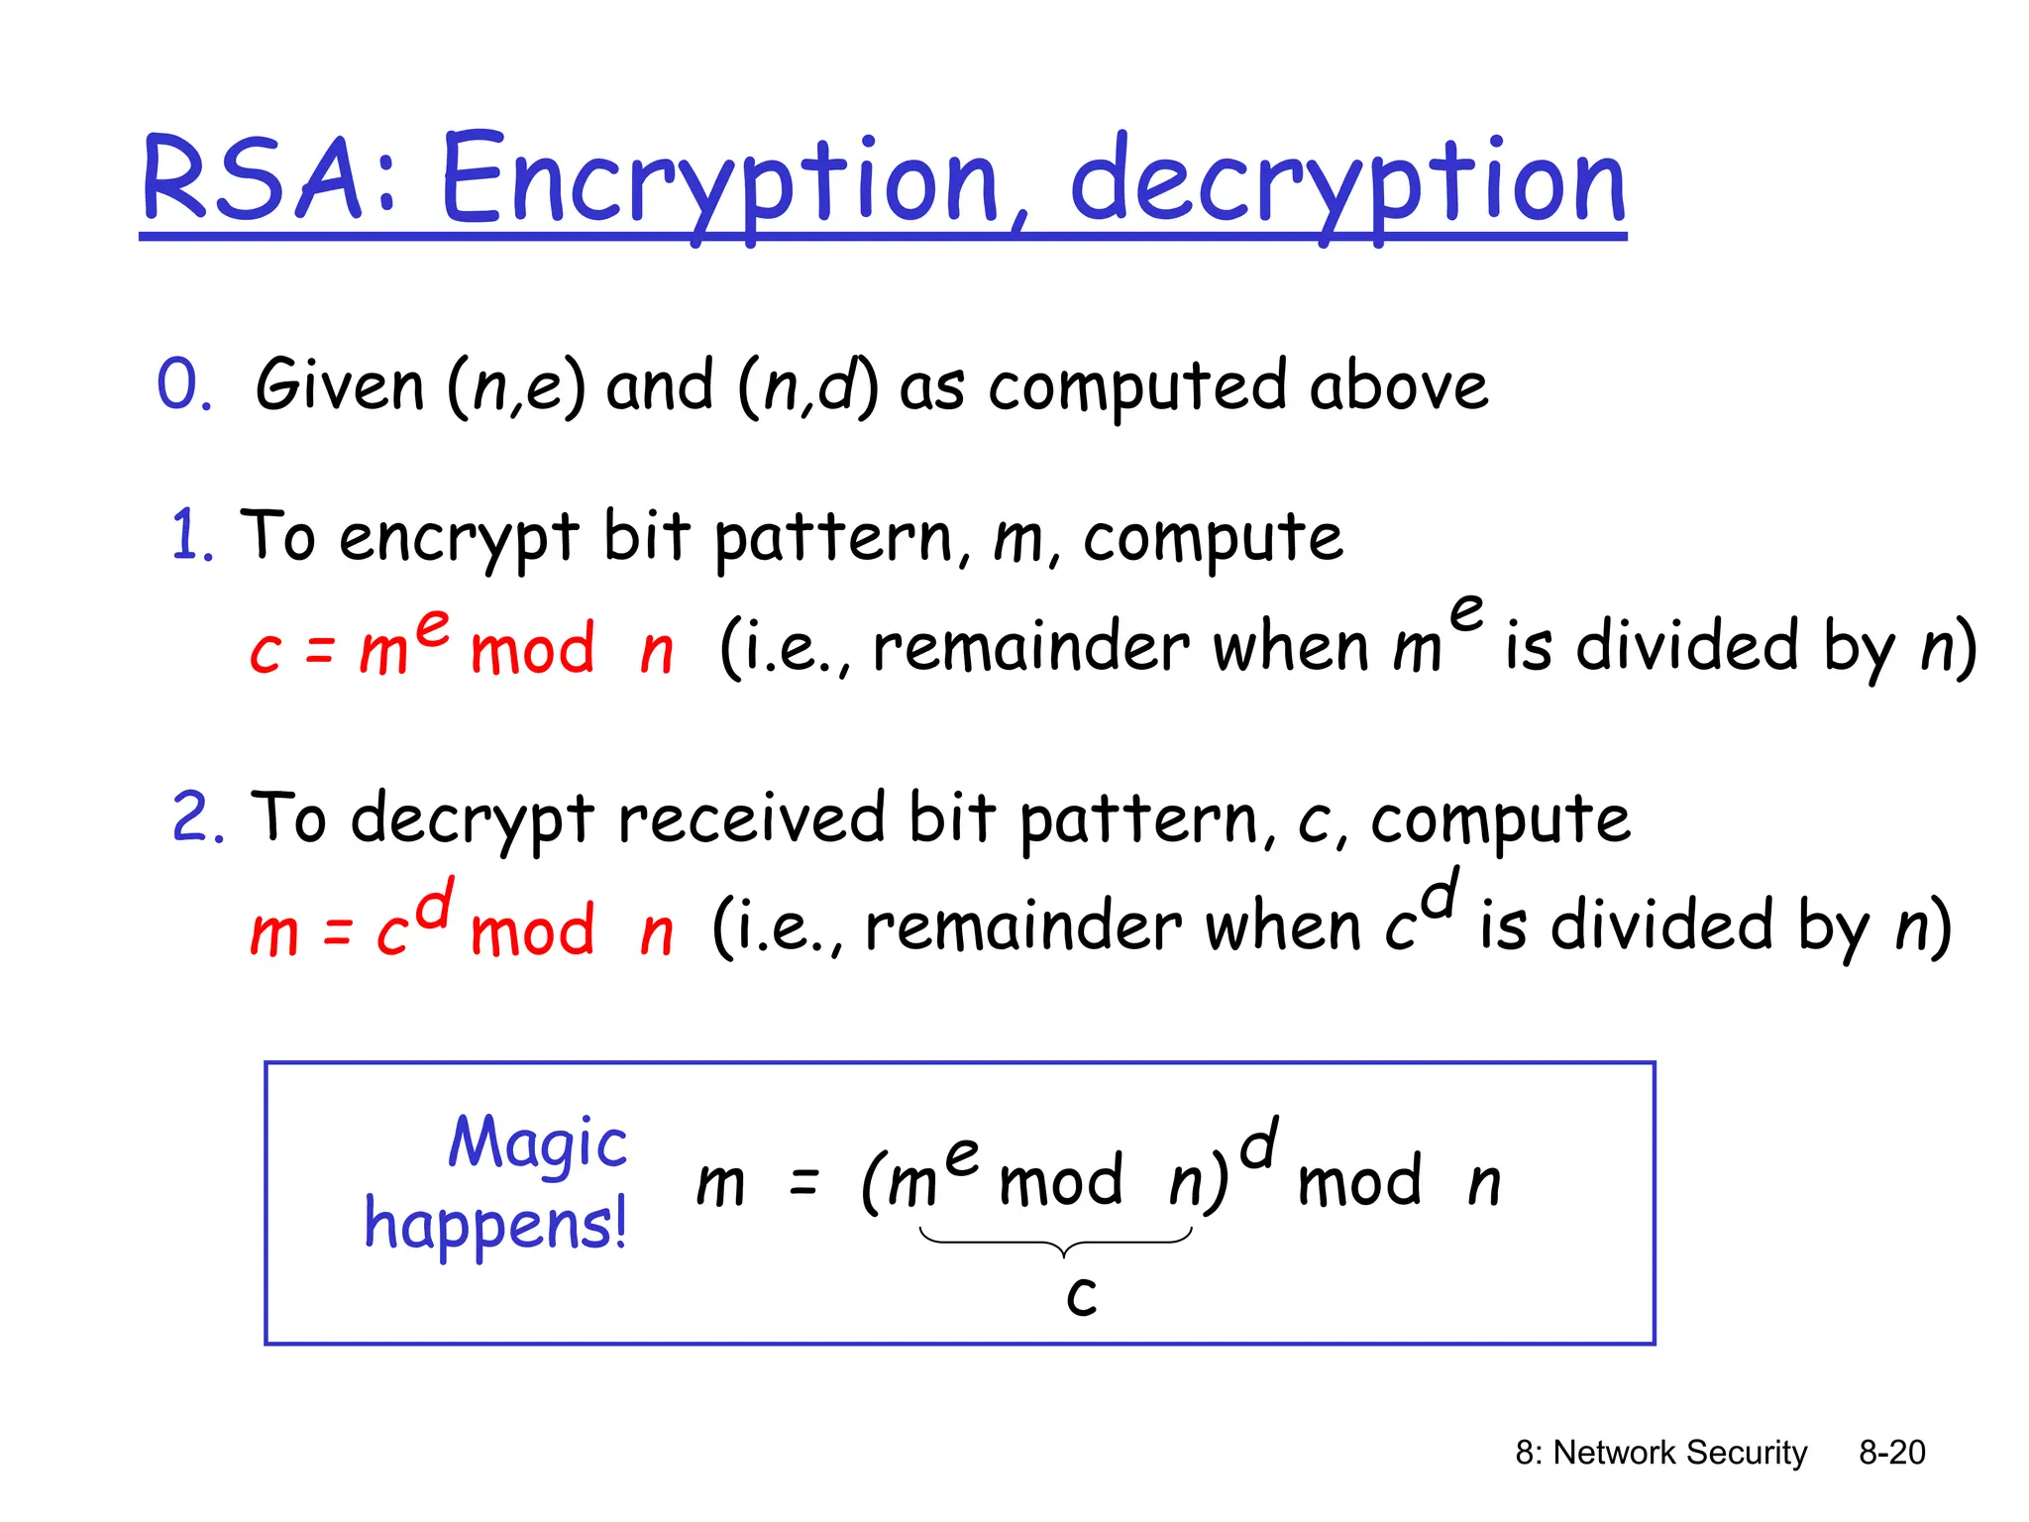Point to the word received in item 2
point(751,818)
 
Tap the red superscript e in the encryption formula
point(433,626)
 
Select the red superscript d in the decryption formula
point(434,903)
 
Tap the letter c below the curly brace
point(1082,1294)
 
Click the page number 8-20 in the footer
point(1891,1453)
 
